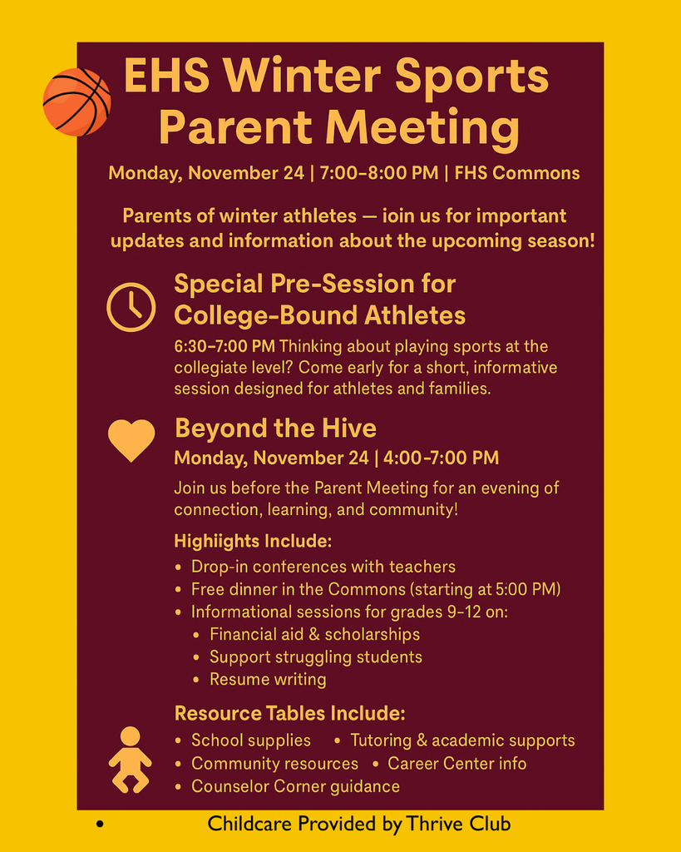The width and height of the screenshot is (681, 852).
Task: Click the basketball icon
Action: (x=76, y=102)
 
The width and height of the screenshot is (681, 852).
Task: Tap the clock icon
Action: (x=131, y=307)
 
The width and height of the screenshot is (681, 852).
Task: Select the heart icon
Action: (x=131, y=439)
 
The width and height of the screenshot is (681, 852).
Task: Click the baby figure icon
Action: (x=130, y=759)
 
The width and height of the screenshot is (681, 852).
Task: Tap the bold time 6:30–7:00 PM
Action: (x=225, y=345)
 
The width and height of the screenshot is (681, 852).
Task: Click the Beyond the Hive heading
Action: (x=275, y=428)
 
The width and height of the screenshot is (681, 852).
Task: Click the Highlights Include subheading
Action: (x=253, y=541)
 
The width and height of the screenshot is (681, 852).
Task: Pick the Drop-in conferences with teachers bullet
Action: (x=323, y=567)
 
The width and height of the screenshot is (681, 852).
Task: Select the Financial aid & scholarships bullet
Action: (x=314, y=634)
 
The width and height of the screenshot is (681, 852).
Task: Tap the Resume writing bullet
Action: (x=268, y=679)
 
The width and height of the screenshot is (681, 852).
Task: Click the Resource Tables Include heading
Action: (x=289, y=714)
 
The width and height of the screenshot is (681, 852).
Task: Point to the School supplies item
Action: (x=250, y=740)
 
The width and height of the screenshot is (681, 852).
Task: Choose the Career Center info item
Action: (x=456, y=763)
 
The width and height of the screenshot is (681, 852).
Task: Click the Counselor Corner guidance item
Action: (x=295, y=786)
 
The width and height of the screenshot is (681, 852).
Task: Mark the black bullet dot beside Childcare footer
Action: (x=99, y=825)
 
